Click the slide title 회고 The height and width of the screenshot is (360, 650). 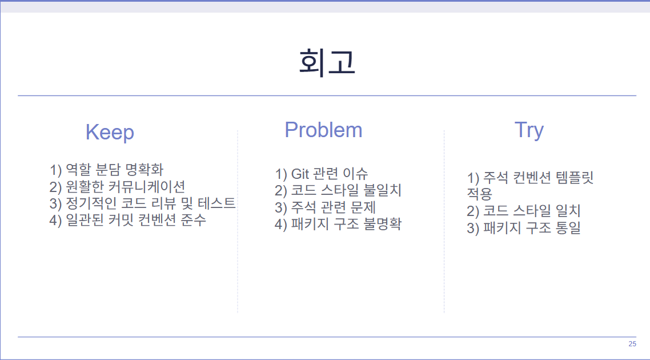327,62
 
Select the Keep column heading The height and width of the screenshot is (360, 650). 110,133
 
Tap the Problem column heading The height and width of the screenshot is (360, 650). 323,130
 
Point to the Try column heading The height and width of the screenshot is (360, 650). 529,130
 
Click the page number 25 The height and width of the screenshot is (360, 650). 632,344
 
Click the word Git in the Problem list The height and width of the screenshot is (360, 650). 299,174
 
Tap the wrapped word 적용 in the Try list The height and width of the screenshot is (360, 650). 480,194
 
